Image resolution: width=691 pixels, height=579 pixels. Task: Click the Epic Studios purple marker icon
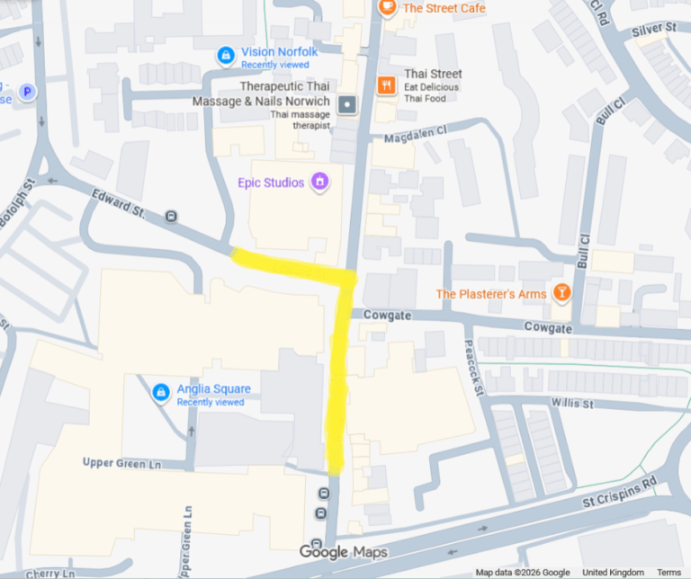point(319,182)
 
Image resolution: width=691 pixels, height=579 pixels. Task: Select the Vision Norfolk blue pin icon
point(225,56)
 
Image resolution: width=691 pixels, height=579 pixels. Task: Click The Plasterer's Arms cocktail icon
point(561,293)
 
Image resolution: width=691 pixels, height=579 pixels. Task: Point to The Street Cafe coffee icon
point(387,7)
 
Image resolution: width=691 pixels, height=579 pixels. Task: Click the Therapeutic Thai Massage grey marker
point(347,105)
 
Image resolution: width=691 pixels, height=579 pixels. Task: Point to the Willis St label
point(573,404)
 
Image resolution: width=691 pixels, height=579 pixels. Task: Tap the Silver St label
point(654,30)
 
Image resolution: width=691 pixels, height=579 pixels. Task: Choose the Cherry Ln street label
point(51,573)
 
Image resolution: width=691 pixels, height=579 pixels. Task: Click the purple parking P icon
point(28,91)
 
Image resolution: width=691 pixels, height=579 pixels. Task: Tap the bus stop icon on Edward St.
point(171,216)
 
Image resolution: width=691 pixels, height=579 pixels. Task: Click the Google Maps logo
point(343,552)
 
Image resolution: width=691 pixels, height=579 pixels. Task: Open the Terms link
point(669,573)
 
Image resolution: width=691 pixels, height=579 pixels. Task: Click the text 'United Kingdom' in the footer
point(613,573)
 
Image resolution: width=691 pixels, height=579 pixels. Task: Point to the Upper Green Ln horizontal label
point(121,462)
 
